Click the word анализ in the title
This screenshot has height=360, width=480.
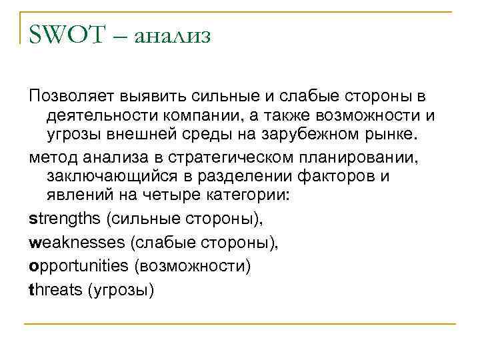click(x=172, y=37)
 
